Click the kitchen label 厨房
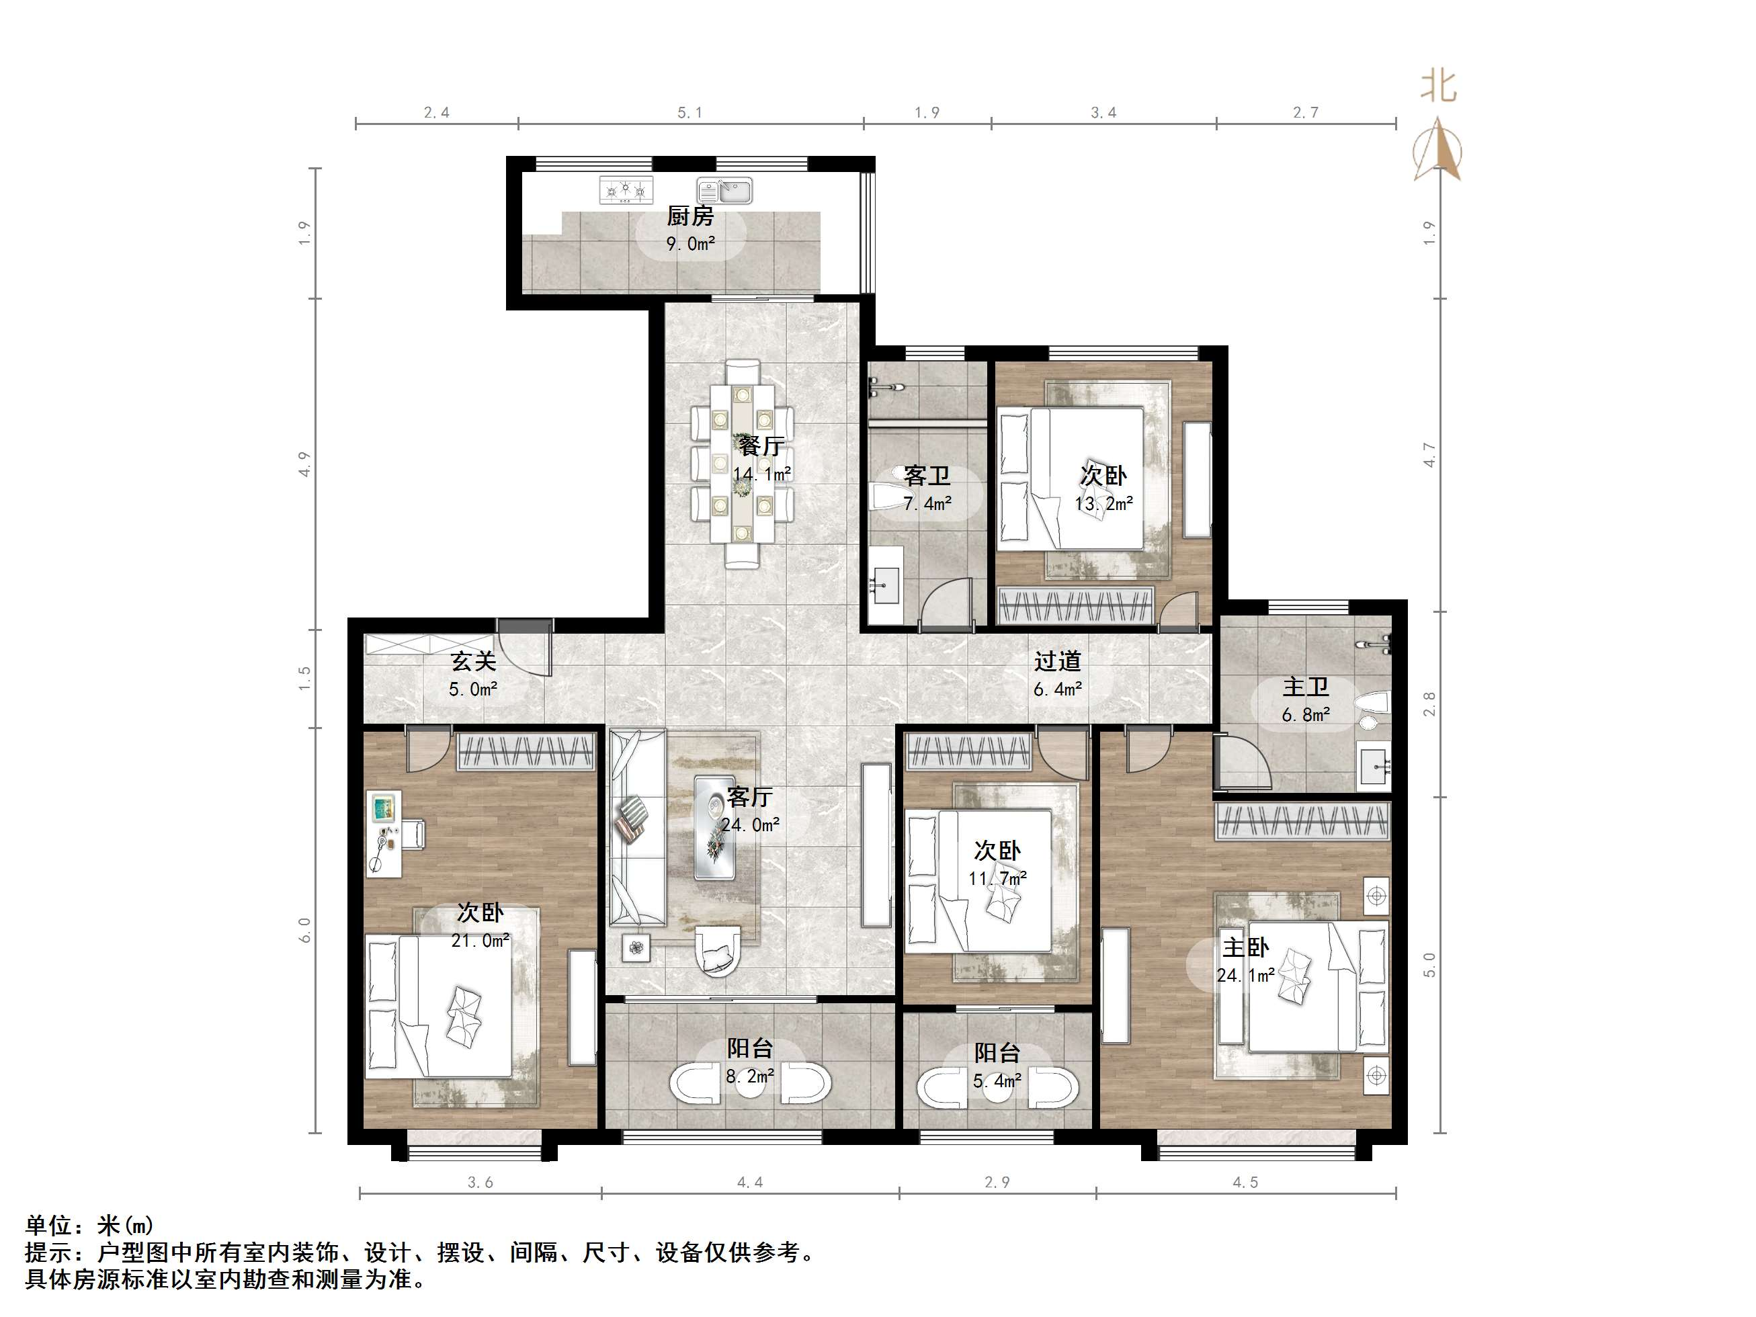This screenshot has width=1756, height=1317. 690,216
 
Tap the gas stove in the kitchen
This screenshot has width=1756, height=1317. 626,189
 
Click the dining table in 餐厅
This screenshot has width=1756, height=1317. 743,464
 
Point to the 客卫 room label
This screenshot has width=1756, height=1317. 927,476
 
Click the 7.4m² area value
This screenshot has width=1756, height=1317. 927,503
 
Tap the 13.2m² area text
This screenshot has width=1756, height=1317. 1103,503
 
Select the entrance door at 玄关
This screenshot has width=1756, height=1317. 523,647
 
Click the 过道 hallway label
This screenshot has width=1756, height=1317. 1057,661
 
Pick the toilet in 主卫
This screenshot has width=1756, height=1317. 1372,710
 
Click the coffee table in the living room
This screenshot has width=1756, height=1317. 714,827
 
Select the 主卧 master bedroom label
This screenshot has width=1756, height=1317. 1245,947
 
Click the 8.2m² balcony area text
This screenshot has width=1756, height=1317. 750,1076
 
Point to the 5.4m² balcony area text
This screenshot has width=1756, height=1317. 997,1081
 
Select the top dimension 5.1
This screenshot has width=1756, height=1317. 690,113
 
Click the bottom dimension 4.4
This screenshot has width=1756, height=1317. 750,1183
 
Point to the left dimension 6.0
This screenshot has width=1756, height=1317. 304,929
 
